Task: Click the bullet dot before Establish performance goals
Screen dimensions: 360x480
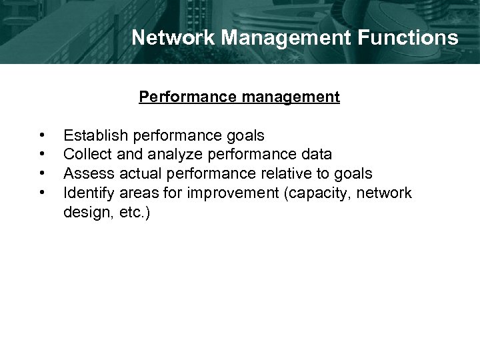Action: click(43, 136)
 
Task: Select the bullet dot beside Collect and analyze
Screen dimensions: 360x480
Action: click(43, 155)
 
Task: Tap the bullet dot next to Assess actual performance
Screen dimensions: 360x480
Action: click(43, 175)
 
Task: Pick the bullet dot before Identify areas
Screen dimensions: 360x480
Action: click(43, 194)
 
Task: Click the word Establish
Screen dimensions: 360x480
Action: click(96, 136)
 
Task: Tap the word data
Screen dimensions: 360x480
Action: click(317, 155)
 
